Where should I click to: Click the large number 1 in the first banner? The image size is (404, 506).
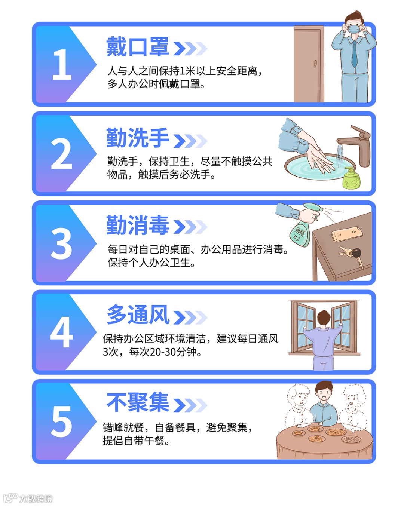coord(62,65)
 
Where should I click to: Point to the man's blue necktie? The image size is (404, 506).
coord(354,55)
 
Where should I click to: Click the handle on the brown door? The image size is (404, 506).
coord(316,63)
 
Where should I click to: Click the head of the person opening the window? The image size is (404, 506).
coord(324,318)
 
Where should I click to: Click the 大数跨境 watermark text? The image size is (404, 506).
coord(36,498)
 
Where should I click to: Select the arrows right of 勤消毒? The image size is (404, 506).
coord(190,227)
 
